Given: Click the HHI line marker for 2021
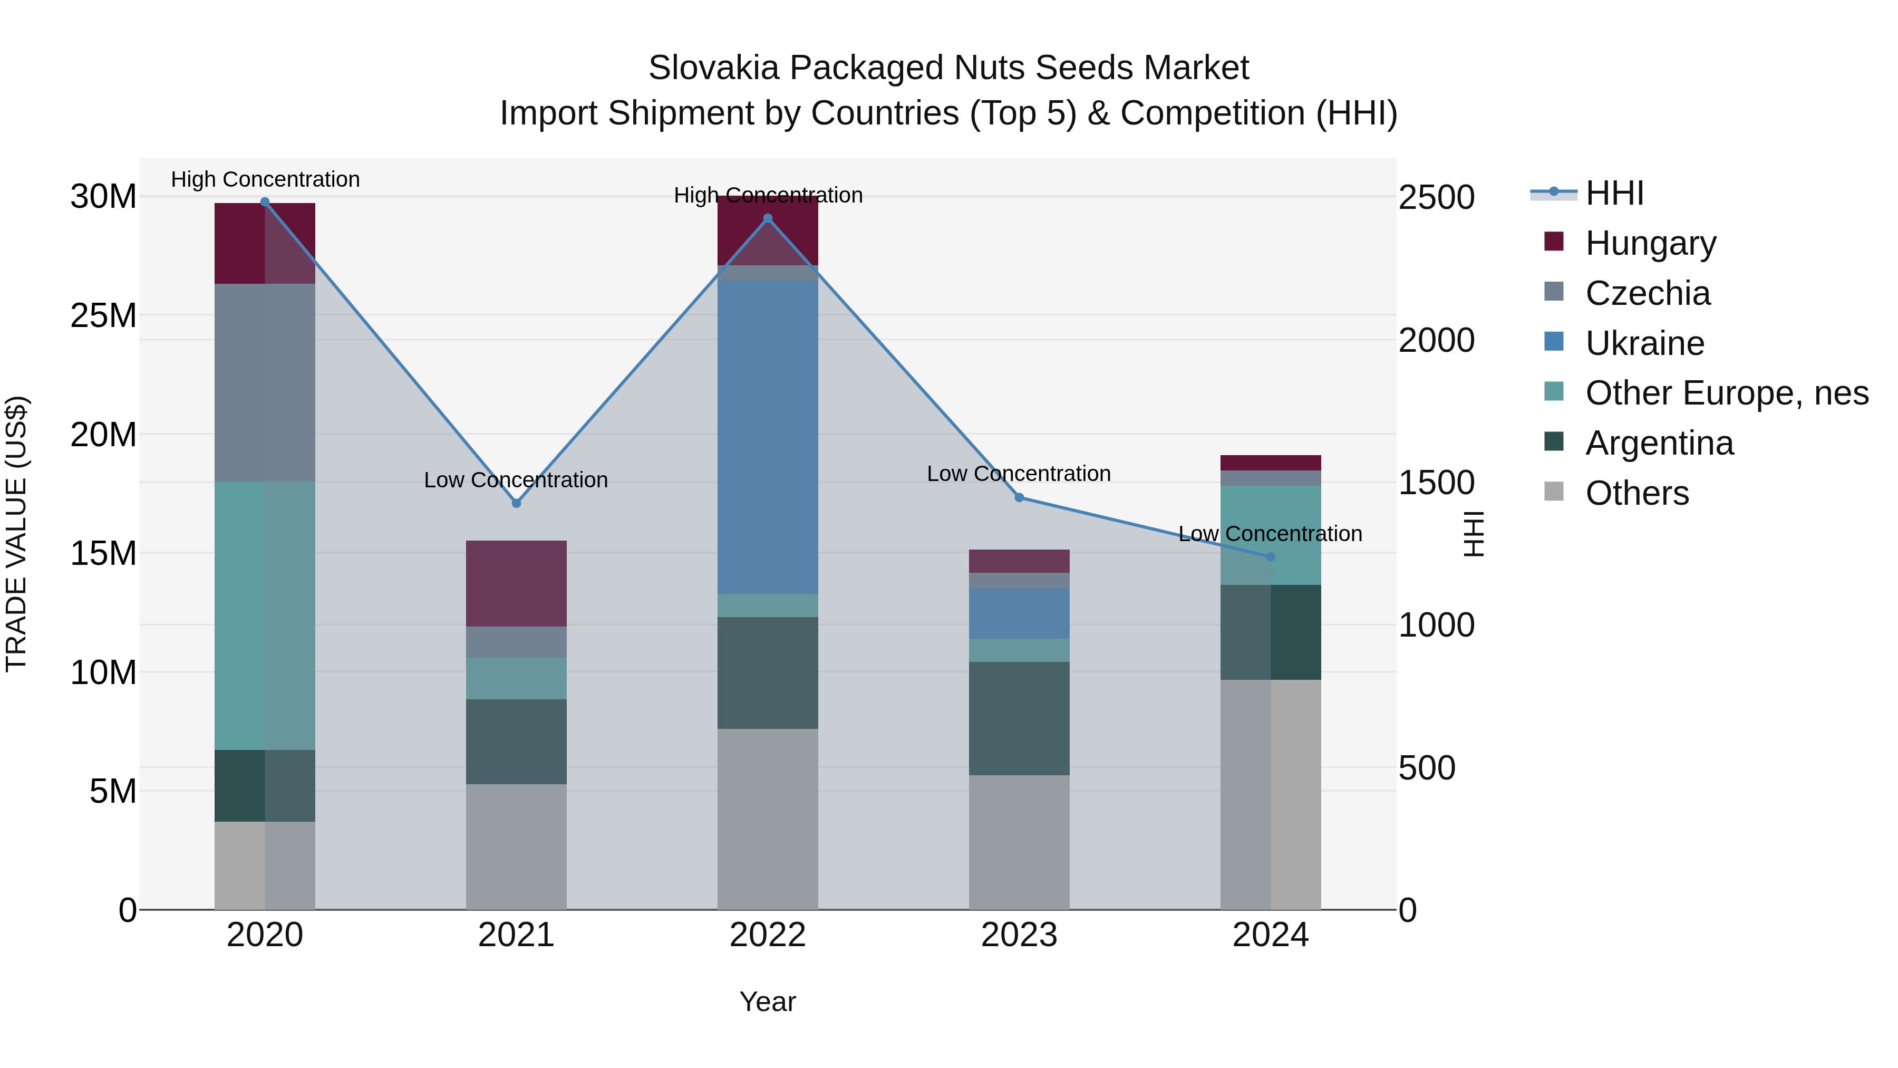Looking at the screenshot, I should click(516, 504).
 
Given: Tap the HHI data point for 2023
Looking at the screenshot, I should click(1019, 497).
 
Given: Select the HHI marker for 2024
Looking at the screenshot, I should click(1270, 557).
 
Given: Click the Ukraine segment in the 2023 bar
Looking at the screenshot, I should click(1019, 613).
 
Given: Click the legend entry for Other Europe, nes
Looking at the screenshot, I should click(1726, 393).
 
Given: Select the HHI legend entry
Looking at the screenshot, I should click(1614, 193).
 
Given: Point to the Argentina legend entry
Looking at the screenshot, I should click(1659, 443).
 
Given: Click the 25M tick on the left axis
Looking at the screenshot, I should click(103, 315).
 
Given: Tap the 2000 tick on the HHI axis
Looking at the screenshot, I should click(1436, 341).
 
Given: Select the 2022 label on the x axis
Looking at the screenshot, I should click(768, 935).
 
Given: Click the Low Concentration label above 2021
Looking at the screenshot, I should click(516, 480).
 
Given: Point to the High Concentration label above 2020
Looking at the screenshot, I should click(265, 179).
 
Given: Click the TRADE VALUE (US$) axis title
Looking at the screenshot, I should click(16, 534).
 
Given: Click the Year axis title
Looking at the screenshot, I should click(768, 1002).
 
